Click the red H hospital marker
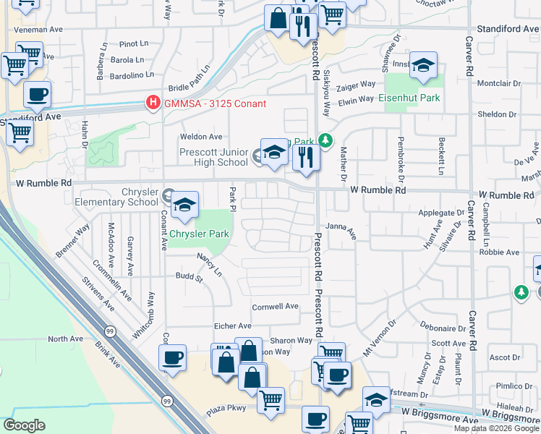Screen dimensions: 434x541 [153, 103]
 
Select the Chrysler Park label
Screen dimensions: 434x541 [199, 234]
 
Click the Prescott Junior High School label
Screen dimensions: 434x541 [213, 157]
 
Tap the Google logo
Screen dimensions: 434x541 [24, 425]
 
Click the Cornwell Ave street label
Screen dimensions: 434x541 [275, 307]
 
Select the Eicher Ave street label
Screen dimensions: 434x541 [231, 326]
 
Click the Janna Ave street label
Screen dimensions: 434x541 [341, 231]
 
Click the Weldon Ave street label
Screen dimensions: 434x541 [205, 137]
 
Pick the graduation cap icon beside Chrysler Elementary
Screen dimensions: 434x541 [184, 206]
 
